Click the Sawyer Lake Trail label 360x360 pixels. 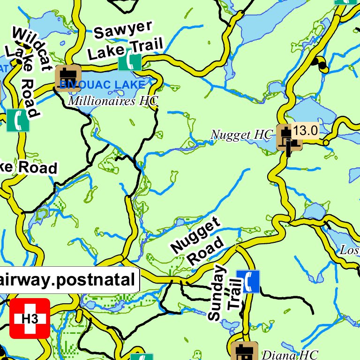point(125,40)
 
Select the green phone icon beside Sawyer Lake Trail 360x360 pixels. point(130,60)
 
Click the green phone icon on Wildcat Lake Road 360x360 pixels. point(18,120)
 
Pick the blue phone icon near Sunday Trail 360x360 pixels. point(247,281)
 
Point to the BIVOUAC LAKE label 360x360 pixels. point(102,85)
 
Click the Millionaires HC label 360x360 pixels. point(113,100)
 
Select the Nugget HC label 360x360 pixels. point(241,135)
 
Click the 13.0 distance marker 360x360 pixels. point(306,131)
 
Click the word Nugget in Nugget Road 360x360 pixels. point(195,236)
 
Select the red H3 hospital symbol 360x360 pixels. point(29,318)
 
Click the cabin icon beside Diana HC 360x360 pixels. point(244,352)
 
